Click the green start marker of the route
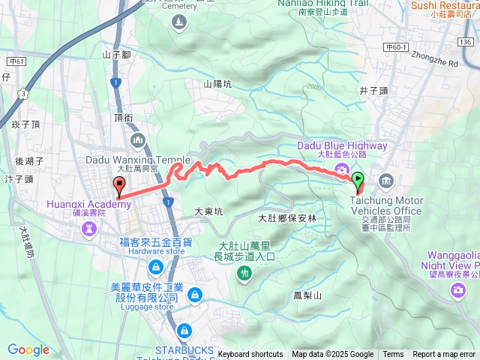tap(358, 180)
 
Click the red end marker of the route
tap(118, 186)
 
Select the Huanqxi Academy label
tap(88, 203)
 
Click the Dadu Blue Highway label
tap(342, 145)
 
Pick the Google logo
tap(28, 349)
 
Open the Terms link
tap(393, 355)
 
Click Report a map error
tap(445, 355)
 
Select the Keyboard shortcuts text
tap(250, 355)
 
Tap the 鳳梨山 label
tap(307, 295)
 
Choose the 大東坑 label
tap(208, 212)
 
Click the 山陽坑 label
tap(217, 85)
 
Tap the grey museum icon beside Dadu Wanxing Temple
tap(138, 141)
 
